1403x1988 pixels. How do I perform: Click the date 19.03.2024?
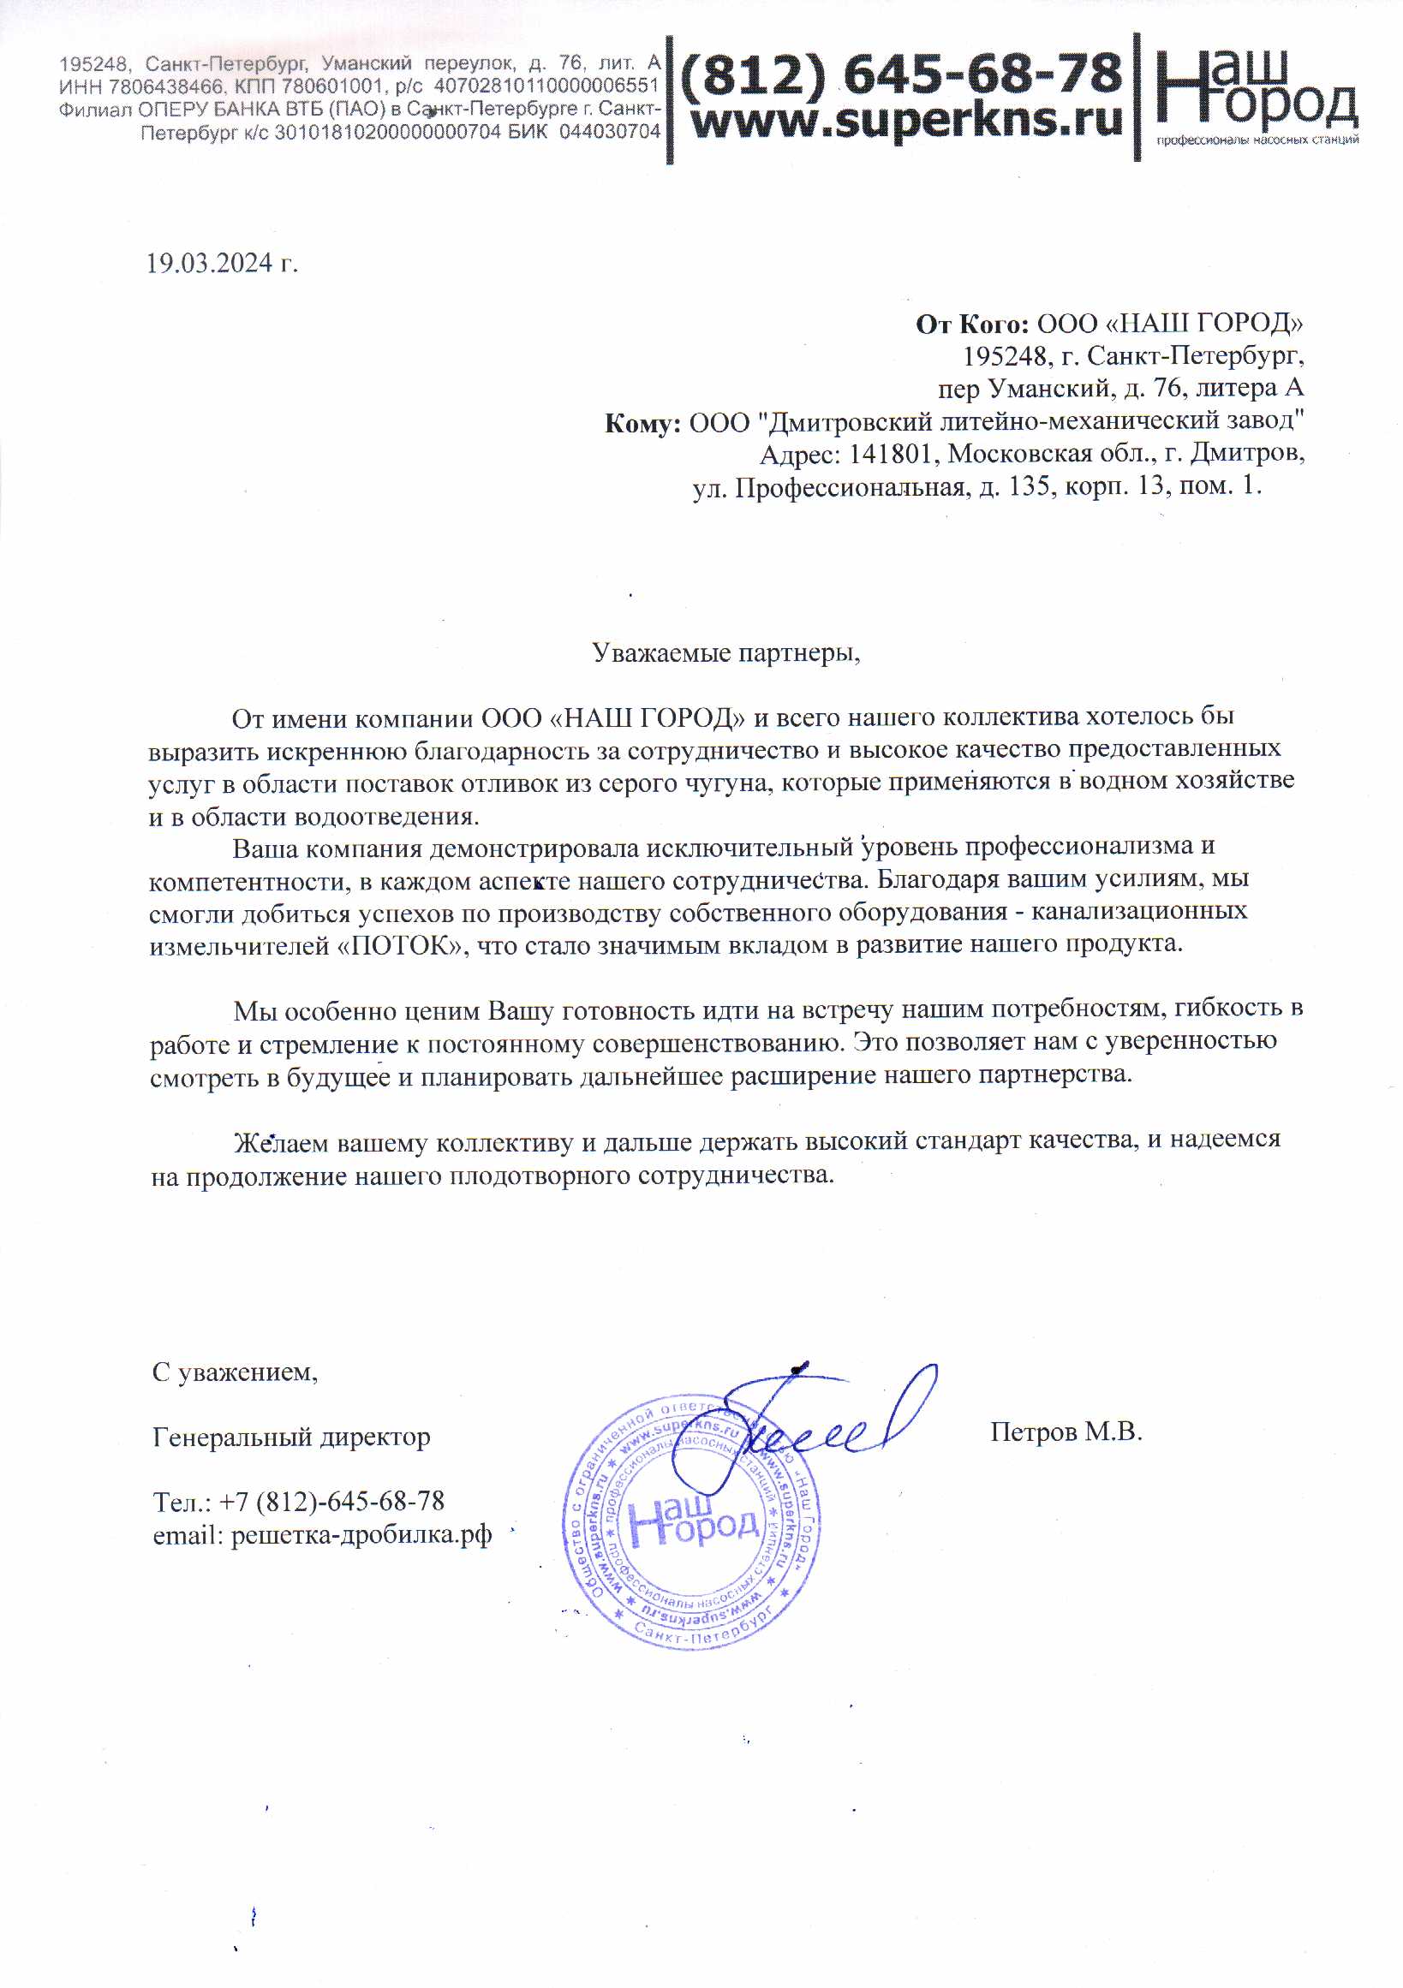click(x=211, y=263)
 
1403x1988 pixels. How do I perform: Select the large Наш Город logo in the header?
click(x=1256, y=91)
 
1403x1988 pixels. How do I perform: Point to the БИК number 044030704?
click(x=610, y=132)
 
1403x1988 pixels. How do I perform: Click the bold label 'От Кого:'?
click(x=971, y=324)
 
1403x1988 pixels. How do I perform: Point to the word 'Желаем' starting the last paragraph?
click(x=281, y=1143)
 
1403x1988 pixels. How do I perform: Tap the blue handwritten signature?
click(x=823, y=1420)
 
